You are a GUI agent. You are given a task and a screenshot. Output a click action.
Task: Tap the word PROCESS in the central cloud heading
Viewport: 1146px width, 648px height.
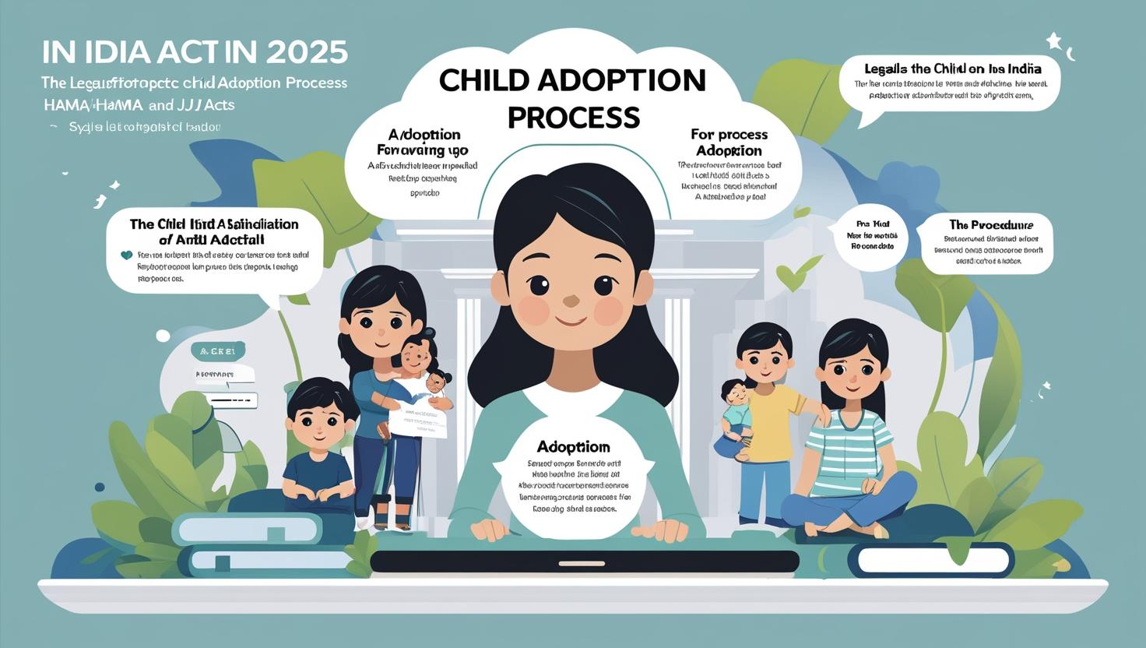pos(574,117)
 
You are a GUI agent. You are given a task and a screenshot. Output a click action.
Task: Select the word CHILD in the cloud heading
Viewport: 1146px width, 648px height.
pos(485,80)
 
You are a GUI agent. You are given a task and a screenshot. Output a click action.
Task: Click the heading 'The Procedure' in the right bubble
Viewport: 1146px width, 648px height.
pos(991,225)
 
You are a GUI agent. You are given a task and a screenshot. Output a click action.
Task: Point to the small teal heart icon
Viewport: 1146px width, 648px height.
pos(126,255)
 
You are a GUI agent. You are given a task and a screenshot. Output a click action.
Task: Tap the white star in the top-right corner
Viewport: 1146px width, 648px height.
pos(1054,40)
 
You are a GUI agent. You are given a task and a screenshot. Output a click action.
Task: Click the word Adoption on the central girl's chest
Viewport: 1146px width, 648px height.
pos(573,447)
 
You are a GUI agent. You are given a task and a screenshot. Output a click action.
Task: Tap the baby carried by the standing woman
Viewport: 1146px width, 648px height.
pos(419,361)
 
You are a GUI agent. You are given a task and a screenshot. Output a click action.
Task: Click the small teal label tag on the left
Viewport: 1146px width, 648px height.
pos(218,351)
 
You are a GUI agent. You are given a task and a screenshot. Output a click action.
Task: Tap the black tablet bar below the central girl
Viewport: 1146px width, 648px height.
pos(584,562)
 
